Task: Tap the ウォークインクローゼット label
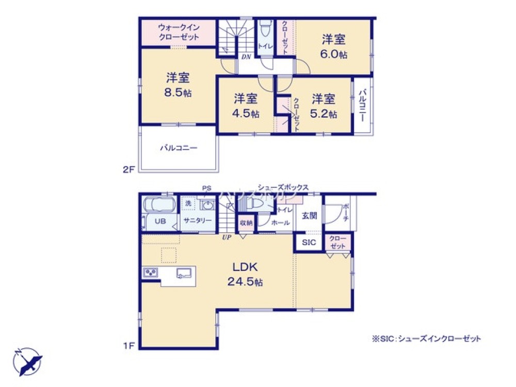point(178,33)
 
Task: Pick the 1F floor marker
point(129,346)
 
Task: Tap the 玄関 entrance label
point(309,215)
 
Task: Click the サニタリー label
point(197,221)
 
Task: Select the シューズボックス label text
point(283,188)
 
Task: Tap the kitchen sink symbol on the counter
point(184,273)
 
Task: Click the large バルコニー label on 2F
point(178,148)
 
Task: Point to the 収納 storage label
point(246,223)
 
